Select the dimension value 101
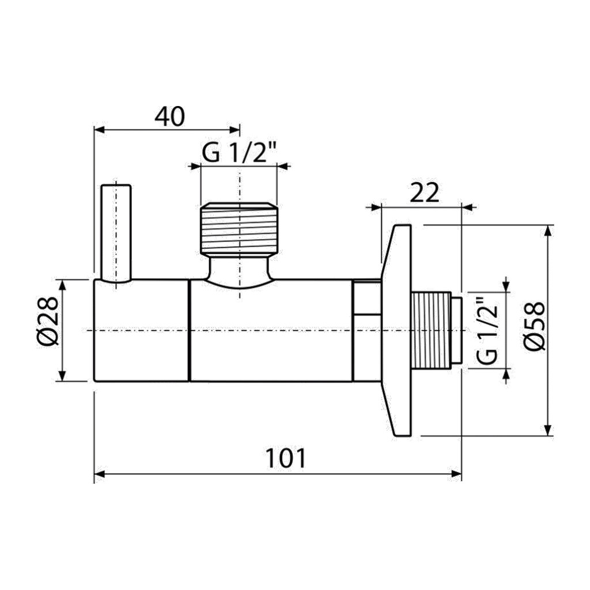tap(286, 458)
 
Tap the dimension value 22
tap(424, 194)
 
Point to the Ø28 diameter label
tap(48, 321)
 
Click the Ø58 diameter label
tap(534, 326)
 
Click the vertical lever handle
tap(116, 233)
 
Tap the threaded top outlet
tap(239, 228)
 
